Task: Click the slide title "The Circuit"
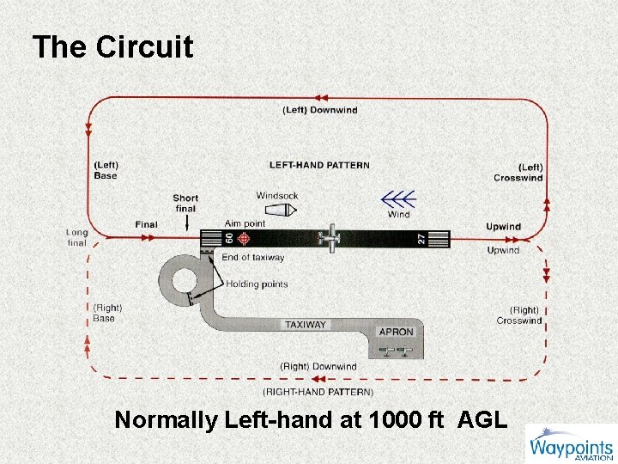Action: tap(112, 47)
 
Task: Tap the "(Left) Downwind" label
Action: tap(319, 110)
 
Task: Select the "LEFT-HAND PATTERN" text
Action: tap(319, 165)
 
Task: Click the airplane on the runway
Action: tap(330, 239)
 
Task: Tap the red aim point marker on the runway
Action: tap(244, 239)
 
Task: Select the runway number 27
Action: tap(421, 239)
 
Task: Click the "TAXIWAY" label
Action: tap(306, 325)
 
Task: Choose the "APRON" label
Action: tap(396, 332)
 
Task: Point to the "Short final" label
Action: tap(185, 203)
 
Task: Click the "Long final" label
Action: tap(77, 237)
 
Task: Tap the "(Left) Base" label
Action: tap(106, 170)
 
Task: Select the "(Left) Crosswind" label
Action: tap(518, 172)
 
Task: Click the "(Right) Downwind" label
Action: tap(318, 367)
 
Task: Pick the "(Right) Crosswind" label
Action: tap(519, 315)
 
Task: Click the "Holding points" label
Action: tap(257, 284)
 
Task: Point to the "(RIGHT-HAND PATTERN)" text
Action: tap(318, 392)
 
